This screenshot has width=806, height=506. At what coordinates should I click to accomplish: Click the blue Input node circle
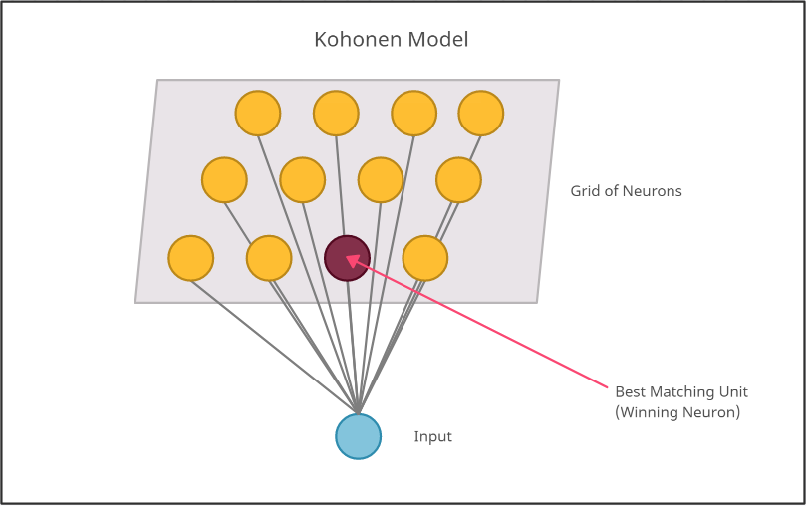click(x=359, y=436)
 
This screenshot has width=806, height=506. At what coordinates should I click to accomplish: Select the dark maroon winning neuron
click(x=348, y=258)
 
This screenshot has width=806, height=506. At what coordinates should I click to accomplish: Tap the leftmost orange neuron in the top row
click(x=258, y=113)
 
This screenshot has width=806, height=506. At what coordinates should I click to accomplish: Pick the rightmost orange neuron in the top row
click(x=481, y=113)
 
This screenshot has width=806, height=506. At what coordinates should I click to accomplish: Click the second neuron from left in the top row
click(x=336, y=113)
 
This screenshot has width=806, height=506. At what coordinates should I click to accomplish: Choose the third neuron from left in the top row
click(x=413, y=113)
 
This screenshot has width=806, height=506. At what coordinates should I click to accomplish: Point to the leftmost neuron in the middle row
click(x=224, y=180)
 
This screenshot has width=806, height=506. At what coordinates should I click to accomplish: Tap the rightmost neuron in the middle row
click(x=458, y=180)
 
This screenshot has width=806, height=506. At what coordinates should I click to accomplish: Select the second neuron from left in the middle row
click(x=303, y=180)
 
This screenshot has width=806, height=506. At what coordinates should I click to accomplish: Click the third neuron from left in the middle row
click(x=381, y=180)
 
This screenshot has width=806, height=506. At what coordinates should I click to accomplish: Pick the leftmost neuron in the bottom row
click(x=191, y=258)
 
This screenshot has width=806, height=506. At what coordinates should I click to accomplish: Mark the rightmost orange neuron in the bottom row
click(x=425, y=258)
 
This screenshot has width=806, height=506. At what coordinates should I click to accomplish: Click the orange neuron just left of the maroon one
click(x=269, y=258)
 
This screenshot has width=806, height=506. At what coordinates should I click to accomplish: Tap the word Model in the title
click(x=437, y=40)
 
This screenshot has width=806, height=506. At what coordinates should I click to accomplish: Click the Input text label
click(x=433, y=437)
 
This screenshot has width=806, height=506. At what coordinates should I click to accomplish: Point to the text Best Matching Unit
click(x=681, y=392)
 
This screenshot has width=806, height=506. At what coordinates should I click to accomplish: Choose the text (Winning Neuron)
click(x=677, y=412)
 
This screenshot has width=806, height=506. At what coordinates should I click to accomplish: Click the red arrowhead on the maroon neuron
click(x=351, y=261)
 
